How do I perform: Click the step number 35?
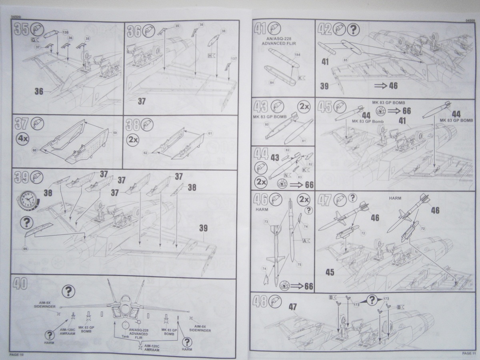point(20,30)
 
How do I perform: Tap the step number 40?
point(20,284)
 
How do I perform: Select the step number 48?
point(260,301)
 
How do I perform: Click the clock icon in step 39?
point(28,199)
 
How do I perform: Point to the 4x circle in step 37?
point(22,139)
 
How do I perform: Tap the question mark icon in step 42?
point(352,29)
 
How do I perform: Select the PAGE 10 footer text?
point(16,354)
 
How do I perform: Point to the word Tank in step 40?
point(125,336)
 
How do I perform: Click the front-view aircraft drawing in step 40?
point(124,308)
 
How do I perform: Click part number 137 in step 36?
point(234,59)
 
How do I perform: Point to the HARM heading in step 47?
point(394,198)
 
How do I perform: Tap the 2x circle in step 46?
point(304,199)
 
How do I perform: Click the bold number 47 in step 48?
point(293,307)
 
